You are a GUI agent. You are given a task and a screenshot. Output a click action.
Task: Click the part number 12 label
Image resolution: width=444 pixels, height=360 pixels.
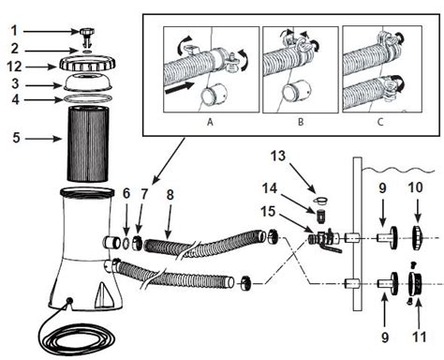15,67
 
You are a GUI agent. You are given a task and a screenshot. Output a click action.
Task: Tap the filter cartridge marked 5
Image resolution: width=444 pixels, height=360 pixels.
88,144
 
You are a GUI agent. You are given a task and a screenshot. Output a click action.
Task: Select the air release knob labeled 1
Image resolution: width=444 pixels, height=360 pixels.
85,37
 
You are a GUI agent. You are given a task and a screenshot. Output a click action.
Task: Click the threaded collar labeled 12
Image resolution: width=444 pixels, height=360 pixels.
87,64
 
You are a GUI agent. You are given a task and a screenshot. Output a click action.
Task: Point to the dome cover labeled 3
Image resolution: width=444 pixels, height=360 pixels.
88,82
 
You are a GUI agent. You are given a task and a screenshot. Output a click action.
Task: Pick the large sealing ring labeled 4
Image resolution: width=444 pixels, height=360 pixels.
88,98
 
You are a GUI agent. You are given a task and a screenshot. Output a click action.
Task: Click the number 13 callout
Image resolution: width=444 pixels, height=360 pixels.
278,156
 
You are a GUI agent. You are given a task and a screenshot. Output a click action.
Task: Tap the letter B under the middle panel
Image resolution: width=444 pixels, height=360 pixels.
301,122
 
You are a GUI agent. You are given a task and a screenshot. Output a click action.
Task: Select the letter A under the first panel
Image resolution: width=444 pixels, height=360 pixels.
210,122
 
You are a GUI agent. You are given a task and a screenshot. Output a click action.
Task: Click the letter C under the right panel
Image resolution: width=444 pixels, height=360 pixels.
380,122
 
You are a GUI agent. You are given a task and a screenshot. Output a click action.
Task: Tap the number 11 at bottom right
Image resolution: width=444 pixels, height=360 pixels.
420,337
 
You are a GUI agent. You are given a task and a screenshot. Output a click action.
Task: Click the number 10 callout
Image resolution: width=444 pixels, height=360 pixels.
415,187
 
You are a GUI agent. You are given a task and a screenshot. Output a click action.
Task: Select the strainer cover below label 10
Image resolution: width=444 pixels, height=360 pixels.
417,237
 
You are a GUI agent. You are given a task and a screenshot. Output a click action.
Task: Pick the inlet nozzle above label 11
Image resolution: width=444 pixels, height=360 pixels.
415,283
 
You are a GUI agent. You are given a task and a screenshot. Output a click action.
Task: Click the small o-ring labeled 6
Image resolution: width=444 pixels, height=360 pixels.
126,243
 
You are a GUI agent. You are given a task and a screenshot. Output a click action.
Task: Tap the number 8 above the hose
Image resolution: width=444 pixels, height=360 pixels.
170,195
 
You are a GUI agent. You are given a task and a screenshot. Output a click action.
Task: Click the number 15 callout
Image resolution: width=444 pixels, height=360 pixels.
268,212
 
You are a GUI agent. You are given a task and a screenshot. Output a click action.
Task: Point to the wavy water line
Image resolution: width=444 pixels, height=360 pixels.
398,171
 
